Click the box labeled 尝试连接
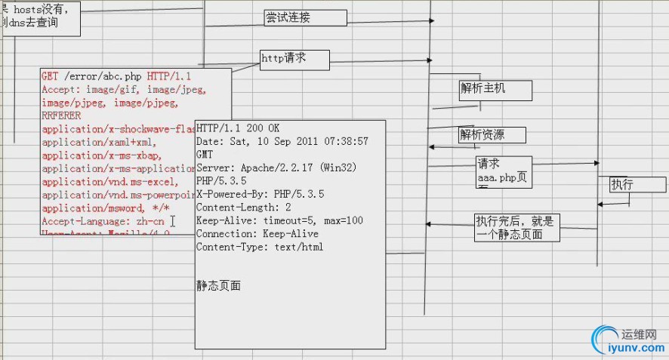click(305, 18)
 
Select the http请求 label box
click(294, 58)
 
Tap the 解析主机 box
click(495, 90)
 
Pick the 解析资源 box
click(492, 135)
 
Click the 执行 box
click(637, 185)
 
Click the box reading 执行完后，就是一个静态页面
click(517, 227)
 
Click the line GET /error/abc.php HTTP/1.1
click(116, 76)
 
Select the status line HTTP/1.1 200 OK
click(238, 128)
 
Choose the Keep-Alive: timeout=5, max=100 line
click(279, 220)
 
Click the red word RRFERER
click(61, 116)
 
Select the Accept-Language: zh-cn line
click(103, 222)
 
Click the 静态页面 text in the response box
click(219, 286)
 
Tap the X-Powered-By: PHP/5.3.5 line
click(260, 194)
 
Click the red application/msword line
click(106, 208)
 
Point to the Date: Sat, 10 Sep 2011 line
click(282, 141)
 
